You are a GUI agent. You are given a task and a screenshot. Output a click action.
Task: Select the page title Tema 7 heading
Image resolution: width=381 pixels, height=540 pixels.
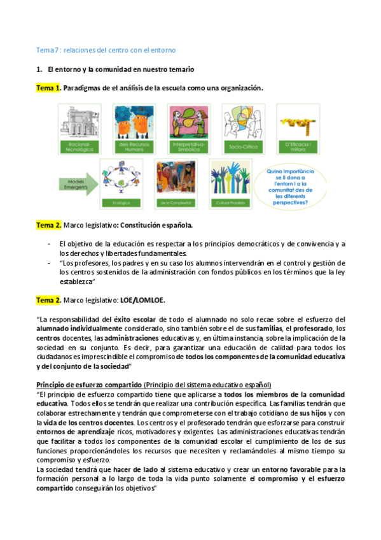(106, 50)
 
